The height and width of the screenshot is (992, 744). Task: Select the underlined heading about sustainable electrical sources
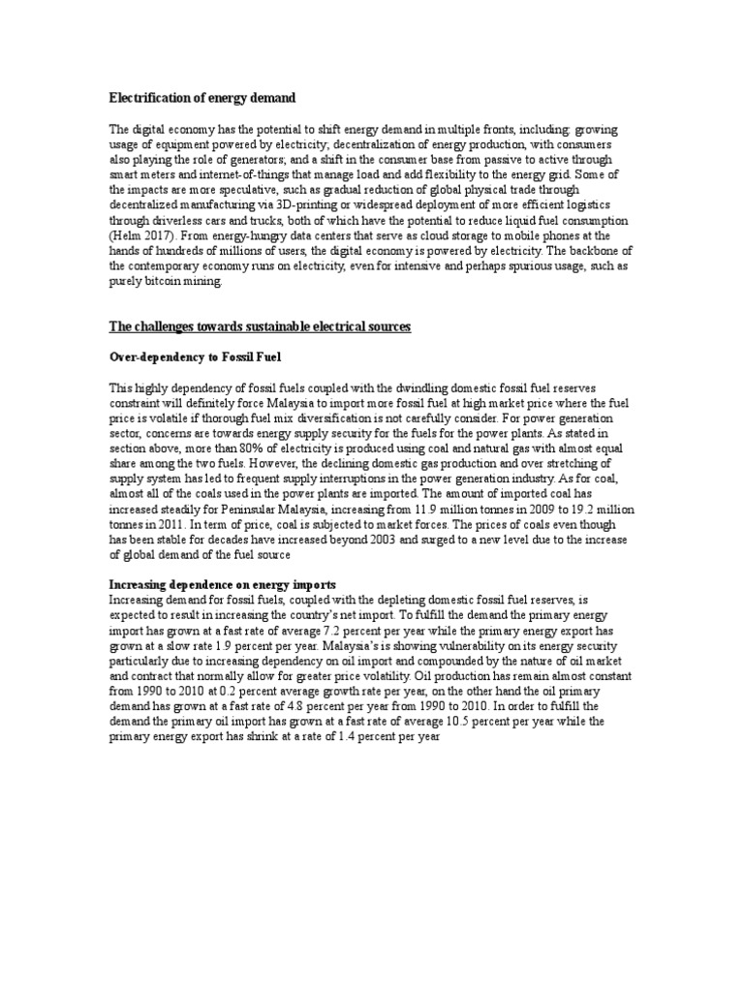(x=260, y=326)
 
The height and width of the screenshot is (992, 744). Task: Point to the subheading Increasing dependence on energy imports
(x=222, y=585)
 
